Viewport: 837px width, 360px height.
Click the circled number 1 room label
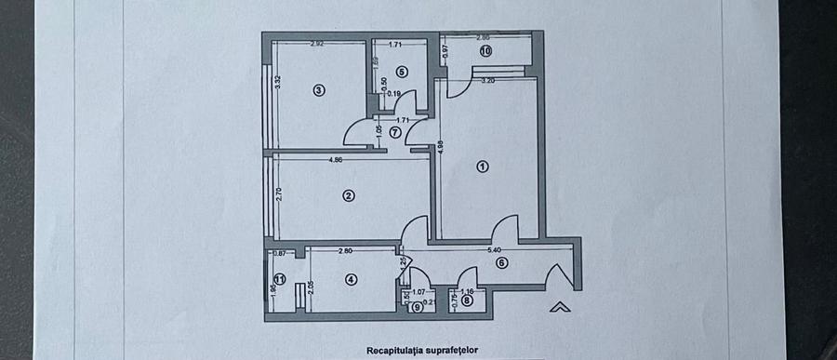pos(482,167)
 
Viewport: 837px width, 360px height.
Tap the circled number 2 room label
pos(348,195)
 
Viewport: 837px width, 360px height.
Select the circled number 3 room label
pos(318,90)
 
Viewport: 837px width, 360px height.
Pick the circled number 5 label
pos(402,71)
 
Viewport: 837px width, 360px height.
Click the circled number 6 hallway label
pos(501,263)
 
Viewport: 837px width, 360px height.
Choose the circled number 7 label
pos(395,132)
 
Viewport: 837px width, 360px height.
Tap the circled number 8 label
pos(467,300)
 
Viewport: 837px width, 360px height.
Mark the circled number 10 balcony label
pos(485,52)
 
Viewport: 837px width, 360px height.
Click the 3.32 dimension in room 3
pos(278,81)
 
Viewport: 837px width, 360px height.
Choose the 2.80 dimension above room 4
pos(345,250)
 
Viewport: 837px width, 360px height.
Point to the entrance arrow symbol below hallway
pos(559,306)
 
